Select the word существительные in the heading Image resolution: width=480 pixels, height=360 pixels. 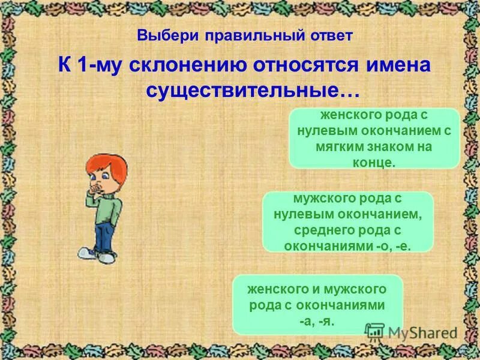click(x=253, y=91)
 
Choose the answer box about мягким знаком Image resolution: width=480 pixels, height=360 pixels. click(x=374, y=138)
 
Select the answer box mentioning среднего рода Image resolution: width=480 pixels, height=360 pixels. click(x=347, y=221)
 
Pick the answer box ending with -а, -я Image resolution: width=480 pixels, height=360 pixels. click(x=317, y=305)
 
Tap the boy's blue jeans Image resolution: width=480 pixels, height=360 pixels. click(x=103, y=236)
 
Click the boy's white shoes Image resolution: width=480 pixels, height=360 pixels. click(x=98, y=256)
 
